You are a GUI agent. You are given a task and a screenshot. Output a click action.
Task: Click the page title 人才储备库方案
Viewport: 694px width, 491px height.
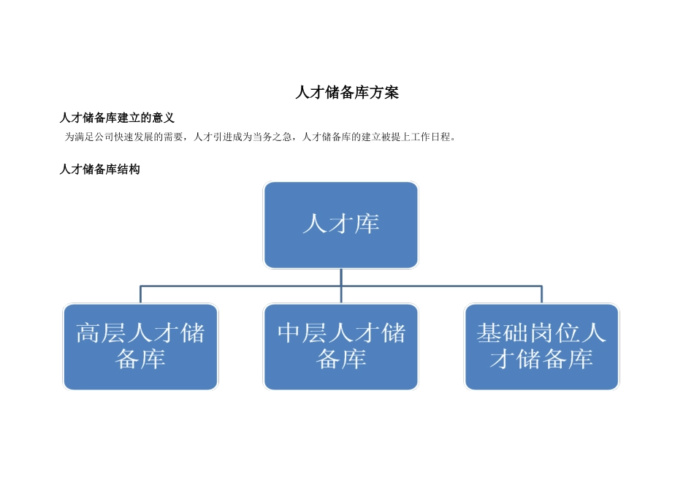347,93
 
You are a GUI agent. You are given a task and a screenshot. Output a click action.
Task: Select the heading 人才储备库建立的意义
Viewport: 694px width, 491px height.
117,118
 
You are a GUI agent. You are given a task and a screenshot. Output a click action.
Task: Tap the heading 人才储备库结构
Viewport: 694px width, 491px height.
99,170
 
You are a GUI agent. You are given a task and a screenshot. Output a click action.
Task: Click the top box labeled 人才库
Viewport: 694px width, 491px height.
341,224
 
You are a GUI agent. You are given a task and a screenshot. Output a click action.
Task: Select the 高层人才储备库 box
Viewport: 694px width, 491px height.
140,346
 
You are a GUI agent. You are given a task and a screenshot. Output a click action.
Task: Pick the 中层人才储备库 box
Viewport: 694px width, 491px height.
341,346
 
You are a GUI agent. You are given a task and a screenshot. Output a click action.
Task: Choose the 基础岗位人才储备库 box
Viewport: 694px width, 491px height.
541,346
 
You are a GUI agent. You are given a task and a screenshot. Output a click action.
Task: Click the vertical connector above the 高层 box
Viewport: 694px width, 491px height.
140,294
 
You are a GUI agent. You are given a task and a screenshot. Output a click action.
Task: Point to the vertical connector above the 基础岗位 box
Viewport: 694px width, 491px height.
541,294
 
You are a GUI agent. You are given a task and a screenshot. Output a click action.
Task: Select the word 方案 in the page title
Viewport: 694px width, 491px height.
386,93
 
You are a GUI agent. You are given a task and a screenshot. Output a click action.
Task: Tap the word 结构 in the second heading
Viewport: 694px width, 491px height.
129,170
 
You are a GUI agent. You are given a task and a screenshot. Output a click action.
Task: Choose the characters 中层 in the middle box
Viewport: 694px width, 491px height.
302,334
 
